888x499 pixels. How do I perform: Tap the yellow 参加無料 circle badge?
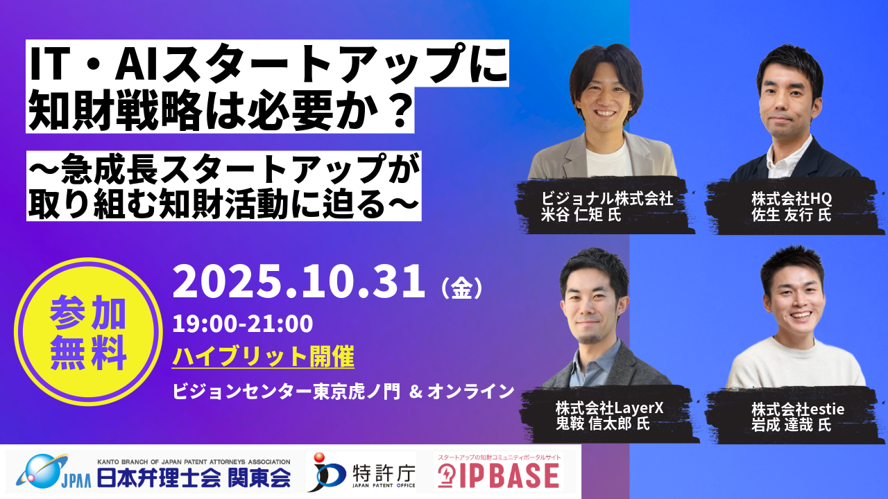[88, 335]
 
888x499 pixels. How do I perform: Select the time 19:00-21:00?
[243, 323]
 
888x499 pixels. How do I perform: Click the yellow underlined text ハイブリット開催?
[264, 357]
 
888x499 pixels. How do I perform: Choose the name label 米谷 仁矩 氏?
[581, 216]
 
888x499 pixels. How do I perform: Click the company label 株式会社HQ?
[791, 199]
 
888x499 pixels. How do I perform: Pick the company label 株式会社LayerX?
[609, 408]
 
